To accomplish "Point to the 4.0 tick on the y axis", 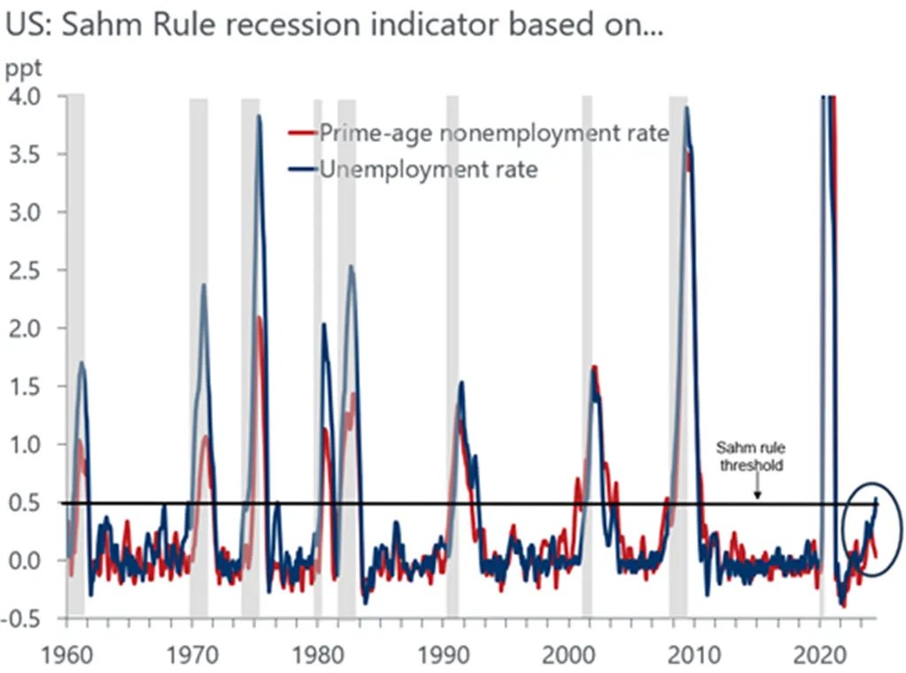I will click(28, 96).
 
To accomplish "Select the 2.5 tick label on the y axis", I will click(28, 270).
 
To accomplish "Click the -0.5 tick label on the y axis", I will click(25, 618).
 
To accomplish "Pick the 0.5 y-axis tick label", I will click(28, 502).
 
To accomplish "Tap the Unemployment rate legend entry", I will click(428, 168).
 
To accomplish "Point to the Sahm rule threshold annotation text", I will click(749, 457).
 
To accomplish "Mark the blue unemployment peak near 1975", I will click(259, 116).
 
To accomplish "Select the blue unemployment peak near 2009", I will click(685, 108).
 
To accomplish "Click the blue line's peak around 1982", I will click(352, 267).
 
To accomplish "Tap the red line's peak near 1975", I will click(259, 318).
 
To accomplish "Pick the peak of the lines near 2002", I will click(594, 367).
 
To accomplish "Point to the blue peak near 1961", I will click(82, 362).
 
